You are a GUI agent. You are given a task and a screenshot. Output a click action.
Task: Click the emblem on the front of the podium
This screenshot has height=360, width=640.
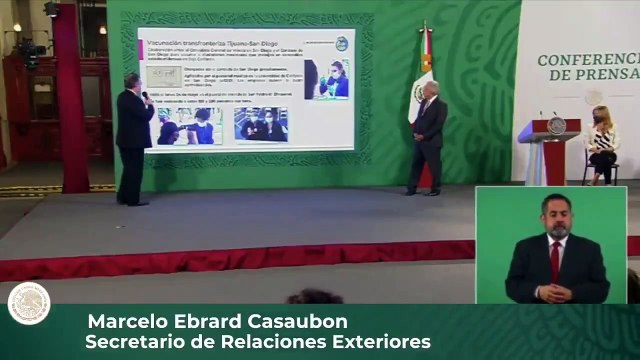556,127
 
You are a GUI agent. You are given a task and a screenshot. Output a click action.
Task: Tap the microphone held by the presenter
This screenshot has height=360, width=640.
144,96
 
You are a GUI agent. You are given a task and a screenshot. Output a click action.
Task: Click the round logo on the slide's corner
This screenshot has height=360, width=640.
339,43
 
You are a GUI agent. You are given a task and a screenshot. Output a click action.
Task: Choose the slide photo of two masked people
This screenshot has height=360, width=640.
259,124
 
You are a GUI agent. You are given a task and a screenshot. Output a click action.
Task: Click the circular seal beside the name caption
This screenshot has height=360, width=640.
28,302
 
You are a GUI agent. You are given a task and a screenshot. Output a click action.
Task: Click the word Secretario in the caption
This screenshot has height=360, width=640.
131,343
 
